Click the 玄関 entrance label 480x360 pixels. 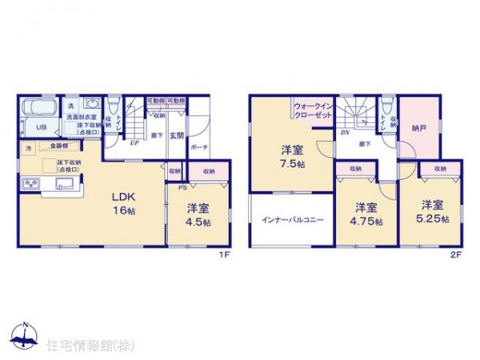pyautogui.click(x=176, y=137)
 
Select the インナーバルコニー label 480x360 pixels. pyautogui.click(x=290, y=218)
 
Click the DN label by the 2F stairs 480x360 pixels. pyautogui.click(x=344, y=132)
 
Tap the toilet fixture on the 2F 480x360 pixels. pyautogui.click(x=386, y=110)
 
